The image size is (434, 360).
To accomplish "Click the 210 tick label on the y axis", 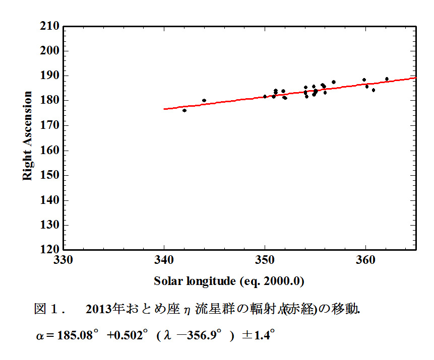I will point(50,26).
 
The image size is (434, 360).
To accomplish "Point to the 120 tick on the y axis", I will point(50,249).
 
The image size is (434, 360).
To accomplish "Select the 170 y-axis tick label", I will point(50,125).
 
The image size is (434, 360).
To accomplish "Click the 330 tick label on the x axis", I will point(64,260).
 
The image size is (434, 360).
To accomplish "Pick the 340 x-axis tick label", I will point(164,260).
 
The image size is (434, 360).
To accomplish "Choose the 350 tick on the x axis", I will point(265,260).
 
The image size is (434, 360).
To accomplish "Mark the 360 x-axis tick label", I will point(365,260).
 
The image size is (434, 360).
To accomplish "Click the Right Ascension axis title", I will point(28,136).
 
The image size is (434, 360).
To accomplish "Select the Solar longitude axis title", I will point(229,281).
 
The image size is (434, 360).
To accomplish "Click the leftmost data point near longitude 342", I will point(184,110).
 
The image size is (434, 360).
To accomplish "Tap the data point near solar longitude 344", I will point(204,101).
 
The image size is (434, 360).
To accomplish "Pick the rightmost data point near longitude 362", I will point(387,79).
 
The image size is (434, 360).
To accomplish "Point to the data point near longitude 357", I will point(334,82).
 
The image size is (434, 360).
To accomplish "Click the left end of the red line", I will point(165,109).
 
